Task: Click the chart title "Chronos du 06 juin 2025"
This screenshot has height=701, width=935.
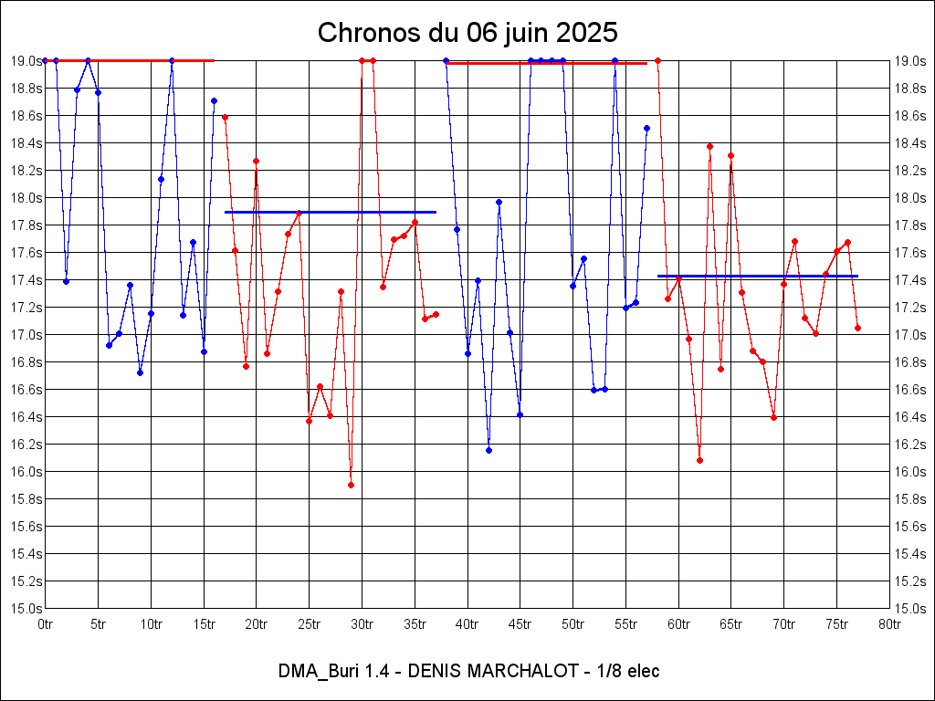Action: pos(467,33)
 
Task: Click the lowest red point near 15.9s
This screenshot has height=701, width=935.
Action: pos(351,485)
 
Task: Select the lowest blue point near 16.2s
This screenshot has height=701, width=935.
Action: pos(489,450)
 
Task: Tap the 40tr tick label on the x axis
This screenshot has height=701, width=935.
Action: pos(467,624)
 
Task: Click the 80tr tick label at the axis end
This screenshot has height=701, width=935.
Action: pos(889,624)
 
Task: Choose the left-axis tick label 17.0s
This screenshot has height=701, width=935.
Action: pos(26,335)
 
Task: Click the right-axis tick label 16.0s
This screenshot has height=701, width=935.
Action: pos(909,472)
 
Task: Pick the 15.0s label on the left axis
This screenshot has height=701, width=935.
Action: pos(26,609)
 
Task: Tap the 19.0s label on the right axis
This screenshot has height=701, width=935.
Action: pos(909,61)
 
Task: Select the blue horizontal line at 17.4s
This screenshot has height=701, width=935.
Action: pos(758,276)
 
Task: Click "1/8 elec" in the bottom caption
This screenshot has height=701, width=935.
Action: pos(627,672)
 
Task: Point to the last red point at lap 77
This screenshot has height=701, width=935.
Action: pos(858,328)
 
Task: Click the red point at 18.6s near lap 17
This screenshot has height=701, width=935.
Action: pos(225,117)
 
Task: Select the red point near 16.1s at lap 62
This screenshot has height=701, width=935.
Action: pos(699,460)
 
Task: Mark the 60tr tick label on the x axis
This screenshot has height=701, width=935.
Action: pos(678,624)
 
